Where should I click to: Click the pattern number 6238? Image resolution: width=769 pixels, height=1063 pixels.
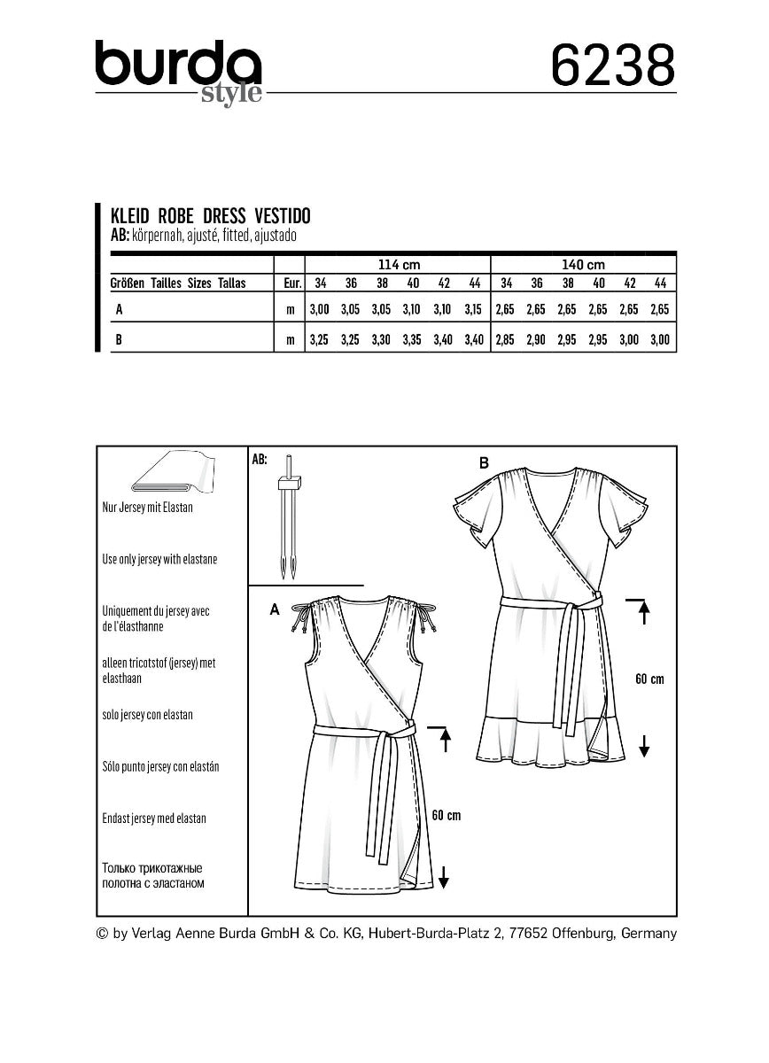pos(612,66)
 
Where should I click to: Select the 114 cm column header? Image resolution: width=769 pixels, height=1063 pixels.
pos(398,264)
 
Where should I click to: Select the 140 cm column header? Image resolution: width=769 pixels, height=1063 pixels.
pos(583,264)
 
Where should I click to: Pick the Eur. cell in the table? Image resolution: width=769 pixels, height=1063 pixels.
pos(290,283)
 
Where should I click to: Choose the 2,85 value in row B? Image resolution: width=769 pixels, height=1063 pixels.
pos(507,339)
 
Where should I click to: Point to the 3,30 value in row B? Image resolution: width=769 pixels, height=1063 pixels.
pos(382,339)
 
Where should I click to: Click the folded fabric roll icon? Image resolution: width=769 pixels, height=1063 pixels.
pos(172,472)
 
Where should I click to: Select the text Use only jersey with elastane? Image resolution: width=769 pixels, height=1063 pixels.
pos(159,560)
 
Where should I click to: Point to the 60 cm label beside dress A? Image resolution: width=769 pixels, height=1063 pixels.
pos(446,815)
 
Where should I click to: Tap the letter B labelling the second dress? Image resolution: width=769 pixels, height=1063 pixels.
pos(484,462)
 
